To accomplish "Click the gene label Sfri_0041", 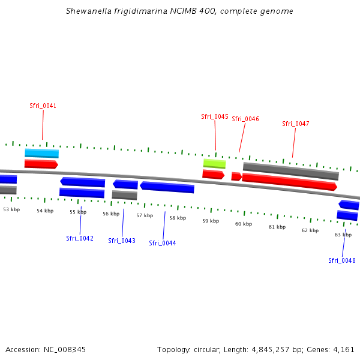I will click(x=43, y=106).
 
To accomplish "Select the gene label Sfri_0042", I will click(x=80, y=238).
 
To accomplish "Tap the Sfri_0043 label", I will click(x=122, y=241).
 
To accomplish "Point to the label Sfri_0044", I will click(x=163, y=243).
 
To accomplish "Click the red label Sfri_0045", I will click(x=214, y=116).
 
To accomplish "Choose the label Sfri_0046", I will click(x=245, y=119).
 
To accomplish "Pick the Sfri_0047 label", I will click(x=296, y=124).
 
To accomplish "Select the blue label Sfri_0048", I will click(x=341, y=260).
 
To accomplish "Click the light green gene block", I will click(x=214, y=163).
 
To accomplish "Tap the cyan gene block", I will click(x=41, y=154).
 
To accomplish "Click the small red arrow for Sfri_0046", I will click(x=236, y=176).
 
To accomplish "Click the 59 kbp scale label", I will click(x=210, y=221).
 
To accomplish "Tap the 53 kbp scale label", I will click(x=11, y=209).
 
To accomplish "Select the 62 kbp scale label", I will click(x=310, y=230).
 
